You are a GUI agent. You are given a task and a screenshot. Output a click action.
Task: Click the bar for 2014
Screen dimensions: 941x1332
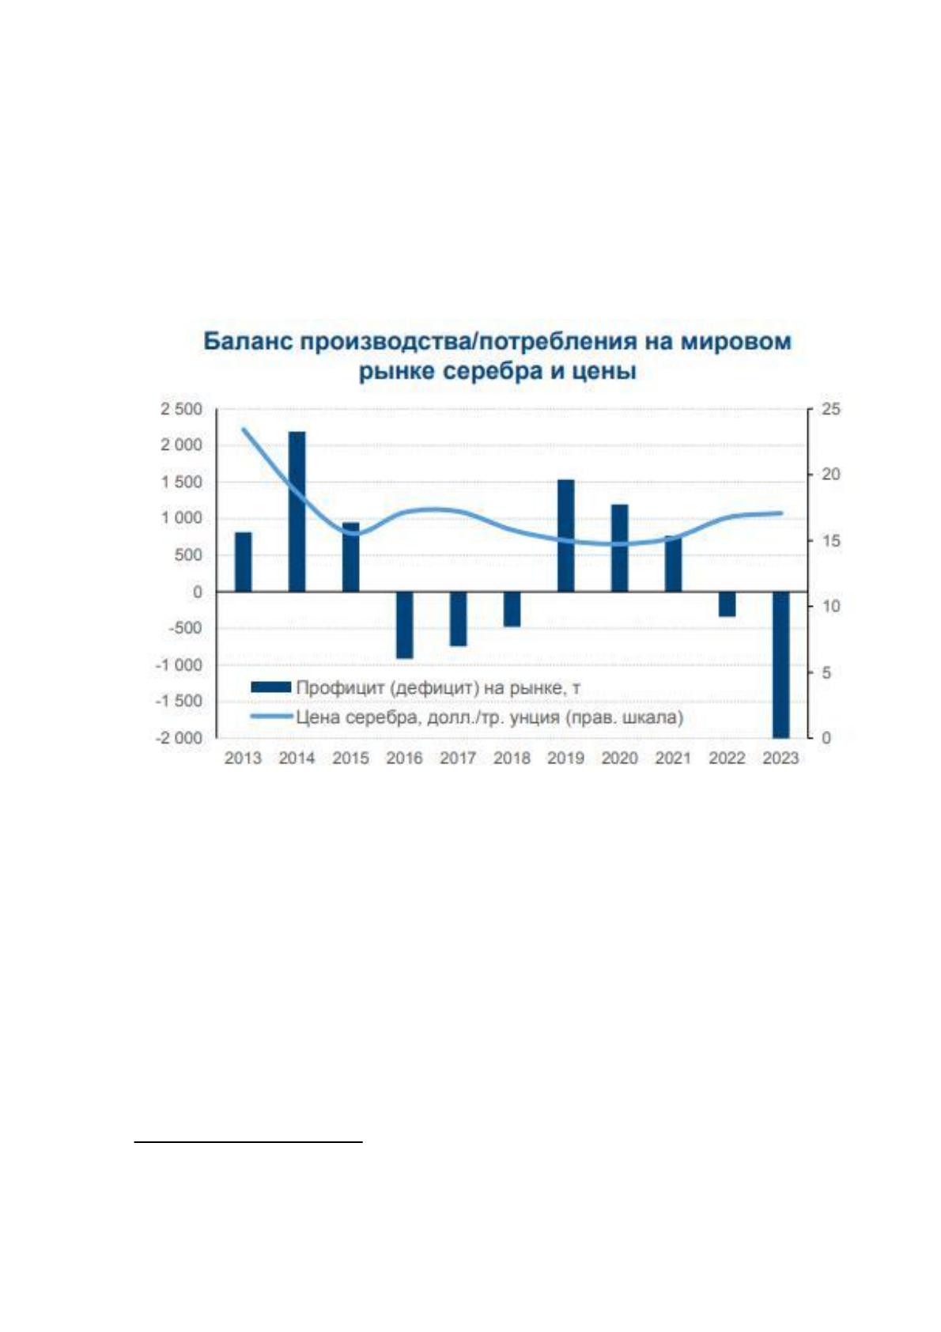tap(297, 512)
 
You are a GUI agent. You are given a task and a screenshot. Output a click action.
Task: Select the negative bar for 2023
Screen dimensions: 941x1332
tap(780, 664)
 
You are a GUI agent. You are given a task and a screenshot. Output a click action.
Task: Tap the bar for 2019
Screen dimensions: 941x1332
tap(566, 535)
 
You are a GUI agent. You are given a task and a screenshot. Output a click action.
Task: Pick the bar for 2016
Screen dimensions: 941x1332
tap(404, 625)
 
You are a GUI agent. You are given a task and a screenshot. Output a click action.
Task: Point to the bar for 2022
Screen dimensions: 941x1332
tap(727, 604)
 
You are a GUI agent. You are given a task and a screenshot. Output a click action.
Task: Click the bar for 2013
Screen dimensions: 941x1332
tap(243, 562)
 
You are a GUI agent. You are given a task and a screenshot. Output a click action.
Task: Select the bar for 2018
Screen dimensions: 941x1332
tap(512, 609)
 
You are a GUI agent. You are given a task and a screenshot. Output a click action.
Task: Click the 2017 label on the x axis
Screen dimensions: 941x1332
tap(458, 759)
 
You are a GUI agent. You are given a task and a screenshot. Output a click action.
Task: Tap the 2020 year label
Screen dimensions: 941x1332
tap(619, 759)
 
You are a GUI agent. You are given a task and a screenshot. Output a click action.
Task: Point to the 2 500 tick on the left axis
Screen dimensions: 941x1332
tap(181, 409)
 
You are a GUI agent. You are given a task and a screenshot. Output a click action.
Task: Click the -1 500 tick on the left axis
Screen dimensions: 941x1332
tap(179, 701)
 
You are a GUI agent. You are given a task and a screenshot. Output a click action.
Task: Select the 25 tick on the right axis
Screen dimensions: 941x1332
tap(831, 409)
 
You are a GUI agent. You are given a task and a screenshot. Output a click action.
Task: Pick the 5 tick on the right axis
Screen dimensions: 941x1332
tap(826, 672)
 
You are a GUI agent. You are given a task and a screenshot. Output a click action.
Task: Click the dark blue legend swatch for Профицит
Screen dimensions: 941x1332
tap(271, 687)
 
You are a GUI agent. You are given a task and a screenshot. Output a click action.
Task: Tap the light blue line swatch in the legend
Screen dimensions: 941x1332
tap(271, 717)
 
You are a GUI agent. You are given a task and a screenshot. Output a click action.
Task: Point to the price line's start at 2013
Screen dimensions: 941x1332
tap(243, 429)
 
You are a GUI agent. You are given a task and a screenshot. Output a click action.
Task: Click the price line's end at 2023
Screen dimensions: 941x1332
tap(781, 513)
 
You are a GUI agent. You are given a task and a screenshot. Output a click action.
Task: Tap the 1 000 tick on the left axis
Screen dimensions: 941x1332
tap(181, 519)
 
